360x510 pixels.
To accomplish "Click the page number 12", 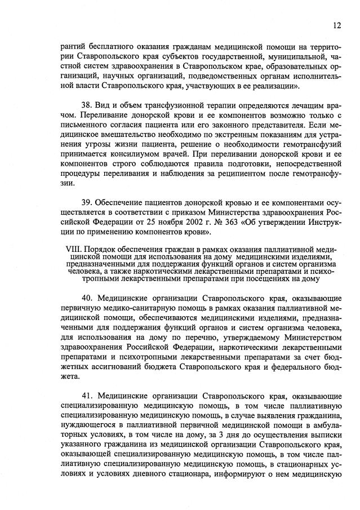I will [x=336, y=25].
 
